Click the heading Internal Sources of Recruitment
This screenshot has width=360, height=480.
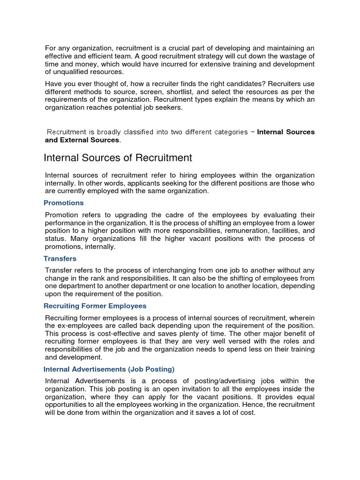118,157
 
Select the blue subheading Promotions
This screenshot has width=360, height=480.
63,202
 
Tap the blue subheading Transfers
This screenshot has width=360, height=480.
60,258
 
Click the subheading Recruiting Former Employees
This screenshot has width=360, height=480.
95,306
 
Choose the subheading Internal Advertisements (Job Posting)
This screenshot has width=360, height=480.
109,369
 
